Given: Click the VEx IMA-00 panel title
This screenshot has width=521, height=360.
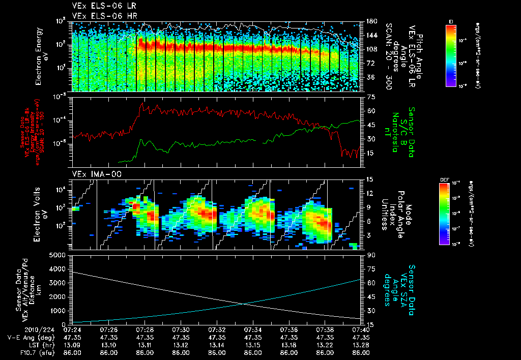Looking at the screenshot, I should tap(92, 174).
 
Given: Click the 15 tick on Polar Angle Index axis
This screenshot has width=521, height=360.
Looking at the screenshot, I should tap(369, 179).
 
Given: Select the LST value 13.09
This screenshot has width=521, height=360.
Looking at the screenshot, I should tap(74, 344).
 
